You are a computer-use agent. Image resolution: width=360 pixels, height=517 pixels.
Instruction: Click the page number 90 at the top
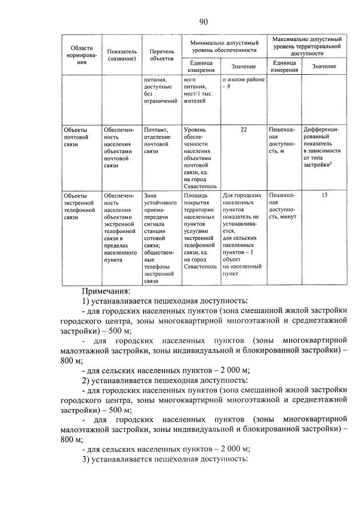click(x=203, y=22)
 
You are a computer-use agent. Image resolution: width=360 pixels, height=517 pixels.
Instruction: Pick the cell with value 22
click(x=244, y=130)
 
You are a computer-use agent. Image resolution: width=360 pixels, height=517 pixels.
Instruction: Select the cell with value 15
click(x=324, y=195)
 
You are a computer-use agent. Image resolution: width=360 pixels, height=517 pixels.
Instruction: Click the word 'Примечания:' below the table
click(x=106, y=292)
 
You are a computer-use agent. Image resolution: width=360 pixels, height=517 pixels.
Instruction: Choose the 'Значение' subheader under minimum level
click(x=244, y=67)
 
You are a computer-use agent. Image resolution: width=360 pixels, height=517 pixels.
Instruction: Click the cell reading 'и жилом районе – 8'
click(x=244, y=83)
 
